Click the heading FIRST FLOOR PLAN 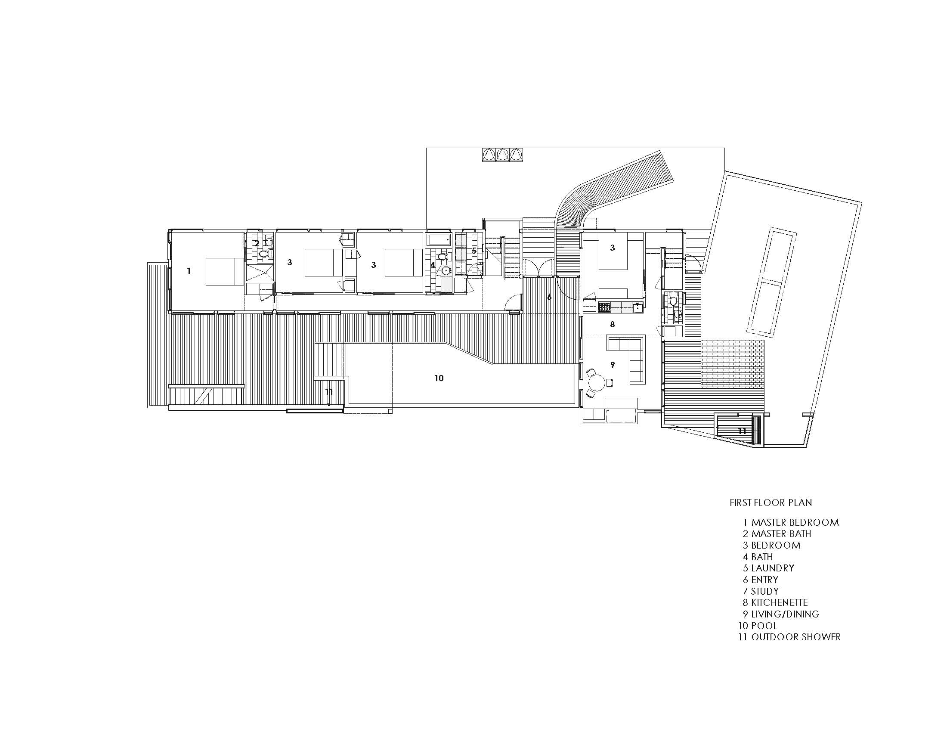pos(771,502)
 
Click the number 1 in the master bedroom pos(189,271)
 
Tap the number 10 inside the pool pos(439,378)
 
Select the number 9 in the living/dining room pos(612,365)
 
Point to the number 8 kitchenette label pos(612,324)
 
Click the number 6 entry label pos(549,297)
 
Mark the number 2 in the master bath pos(257,244)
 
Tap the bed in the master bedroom pos(225,271)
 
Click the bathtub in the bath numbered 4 pos(438,240)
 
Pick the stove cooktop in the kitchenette pos(604,308)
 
